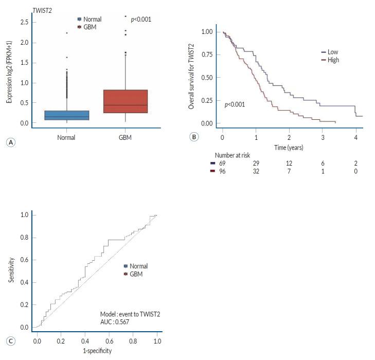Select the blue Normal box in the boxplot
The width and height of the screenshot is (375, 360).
point(66,115)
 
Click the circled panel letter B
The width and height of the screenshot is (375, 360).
point(194,137)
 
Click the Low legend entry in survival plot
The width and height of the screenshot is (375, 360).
point(332,52)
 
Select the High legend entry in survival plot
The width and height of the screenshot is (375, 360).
point(333,60)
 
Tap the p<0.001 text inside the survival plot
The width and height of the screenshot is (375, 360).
point(235,104)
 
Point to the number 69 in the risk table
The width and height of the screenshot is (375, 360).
point(222,163)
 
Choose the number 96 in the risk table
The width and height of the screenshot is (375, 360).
point(222,170)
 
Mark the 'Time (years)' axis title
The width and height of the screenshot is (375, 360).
point(289,147)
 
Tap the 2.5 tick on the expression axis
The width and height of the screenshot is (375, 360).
point(24,22)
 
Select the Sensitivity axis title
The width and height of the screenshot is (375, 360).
point(11,269)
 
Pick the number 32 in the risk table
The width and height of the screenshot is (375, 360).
point(256,170)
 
